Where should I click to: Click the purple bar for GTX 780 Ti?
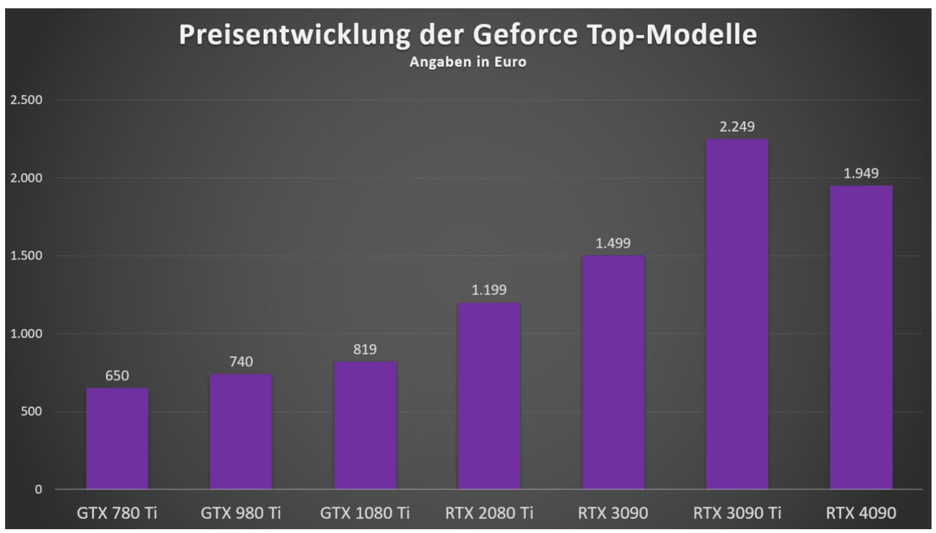117,438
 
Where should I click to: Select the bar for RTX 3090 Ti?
737,314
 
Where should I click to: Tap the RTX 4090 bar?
861,337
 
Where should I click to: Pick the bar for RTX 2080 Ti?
489,396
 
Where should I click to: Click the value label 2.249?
737,127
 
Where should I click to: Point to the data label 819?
365,350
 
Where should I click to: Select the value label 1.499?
613,243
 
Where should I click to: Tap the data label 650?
117,376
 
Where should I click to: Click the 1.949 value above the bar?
861,173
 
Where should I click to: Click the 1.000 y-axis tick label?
26,334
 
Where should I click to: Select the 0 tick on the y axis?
38,490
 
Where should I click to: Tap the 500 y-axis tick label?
30,412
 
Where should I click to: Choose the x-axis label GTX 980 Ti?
241,513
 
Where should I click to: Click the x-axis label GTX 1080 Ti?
365,513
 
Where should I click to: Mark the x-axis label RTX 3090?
613,513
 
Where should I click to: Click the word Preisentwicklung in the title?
294,35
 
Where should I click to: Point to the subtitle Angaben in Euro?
468,62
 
